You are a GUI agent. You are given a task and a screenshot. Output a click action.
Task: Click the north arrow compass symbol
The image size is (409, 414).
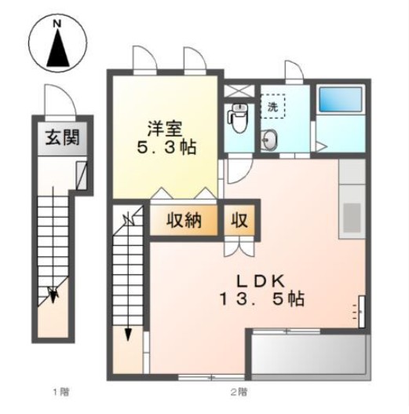[57, 49]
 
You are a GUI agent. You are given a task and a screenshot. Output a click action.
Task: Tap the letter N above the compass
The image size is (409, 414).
[57, 24]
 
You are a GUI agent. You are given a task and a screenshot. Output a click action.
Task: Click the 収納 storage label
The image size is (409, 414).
[184, 221]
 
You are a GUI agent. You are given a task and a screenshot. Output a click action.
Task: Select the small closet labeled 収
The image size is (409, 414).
[238, 221]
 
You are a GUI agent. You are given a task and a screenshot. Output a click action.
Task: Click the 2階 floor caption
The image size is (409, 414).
[239, 390]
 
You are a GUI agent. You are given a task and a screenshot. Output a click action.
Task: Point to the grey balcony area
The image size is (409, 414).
[309, 355]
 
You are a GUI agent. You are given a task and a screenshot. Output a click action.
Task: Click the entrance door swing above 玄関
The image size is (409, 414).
[57, 100]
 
